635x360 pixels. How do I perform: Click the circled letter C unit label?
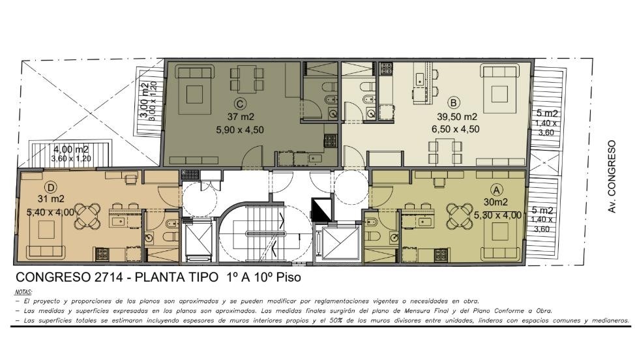pyautogui.click(x=240, y=104)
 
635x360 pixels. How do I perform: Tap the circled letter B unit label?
pyautogui.click(x=454, y=103)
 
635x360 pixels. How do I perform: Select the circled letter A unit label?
pyautogui.click(x=496, y=190)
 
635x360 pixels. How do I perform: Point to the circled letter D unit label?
pyautogui.click(x=51, y=187)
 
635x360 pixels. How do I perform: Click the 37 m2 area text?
pyautogui.click(x=241, y=117)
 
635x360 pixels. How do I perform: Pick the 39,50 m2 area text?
pyautogui.click(x=457, y=117)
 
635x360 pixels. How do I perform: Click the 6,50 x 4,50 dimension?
pyautogui.click(x=456, y=129)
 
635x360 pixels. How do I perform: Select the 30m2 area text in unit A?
pyautogui.click(x=495, y=202)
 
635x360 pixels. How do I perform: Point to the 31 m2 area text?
pyautogui.click(x=51, y=199)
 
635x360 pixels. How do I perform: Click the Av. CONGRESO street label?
pyautogui.click(x=612, y=177)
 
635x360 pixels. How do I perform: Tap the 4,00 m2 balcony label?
pyautogui.click(x=71, y=150)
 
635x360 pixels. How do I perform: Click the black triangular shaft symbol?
pyautogui.click(x=321, y=209)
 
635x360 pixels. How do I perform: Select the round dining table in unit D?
pyautogui.click(x=88, y=215)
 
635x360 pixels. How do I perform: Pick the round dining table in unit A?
pyautogui.click(x=460, y=214)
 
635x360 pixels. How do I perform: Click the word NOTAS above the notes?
pyautogui.click(x=23, y=292)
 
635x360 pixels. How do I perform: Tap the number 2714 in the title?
pyautogui.click(x=110, y=277)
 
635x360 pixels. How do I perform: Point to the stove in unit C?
pyautogui.click(x=330, y=140)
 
